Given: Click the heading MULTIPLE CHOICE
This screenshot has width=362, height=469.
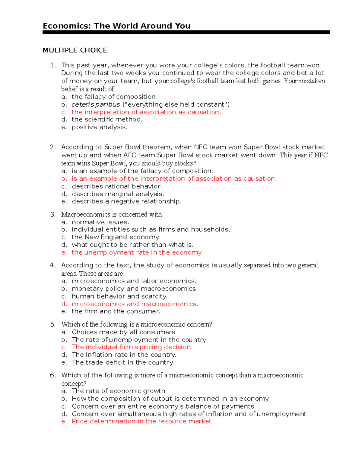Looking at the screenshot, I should [75, 50].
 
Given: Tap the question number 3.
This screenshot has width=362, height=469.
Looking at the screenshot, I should [53, 214].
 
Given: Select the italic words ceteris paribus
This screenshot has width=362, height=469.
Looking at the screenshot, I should [96, 104].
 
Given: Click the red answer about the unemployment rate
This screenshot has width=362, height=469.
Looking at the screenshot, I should [137, 252].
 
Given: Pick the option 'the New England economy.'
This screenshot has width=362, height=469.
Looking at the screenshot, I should [116, 237].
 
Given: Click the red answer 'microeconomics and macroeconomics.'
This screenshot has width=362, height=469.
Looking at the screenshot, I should [135, 304].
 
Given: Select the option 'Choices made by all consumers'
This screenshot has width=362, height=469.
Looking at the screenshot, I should [123, 332].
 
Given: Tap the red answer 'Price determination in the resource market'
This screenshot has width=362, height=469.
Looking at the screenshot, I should [141, 421].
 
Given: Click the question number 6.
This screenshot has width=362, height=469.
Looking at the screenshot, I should [53, 375].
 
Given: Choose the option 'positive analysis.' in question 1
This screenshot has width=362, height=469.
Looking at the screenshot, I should [100, 127].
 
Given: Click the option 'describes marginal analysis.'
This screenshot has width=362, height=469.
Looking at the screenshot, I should [118, 194].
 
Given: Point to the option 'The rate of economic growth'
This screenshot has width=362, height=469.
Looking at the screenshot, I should [118, 391].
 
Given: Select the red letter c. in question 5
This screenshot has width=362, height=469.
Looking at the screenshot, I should [64, 347].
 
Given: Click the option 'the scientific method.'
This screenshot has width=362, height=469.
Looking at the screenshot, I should [107, 120].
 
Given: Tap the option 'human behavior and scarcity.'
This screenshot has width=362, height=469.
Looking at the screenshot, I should [119, 296].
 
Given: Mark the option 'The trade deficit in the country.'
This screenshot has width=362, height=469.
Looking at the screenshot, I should [122, 362].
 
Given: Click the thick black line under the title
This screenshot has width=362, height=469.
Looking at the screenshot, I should [186, 32].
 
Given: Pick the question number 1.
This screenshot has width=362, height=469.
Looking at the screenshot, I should [53, 65].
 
